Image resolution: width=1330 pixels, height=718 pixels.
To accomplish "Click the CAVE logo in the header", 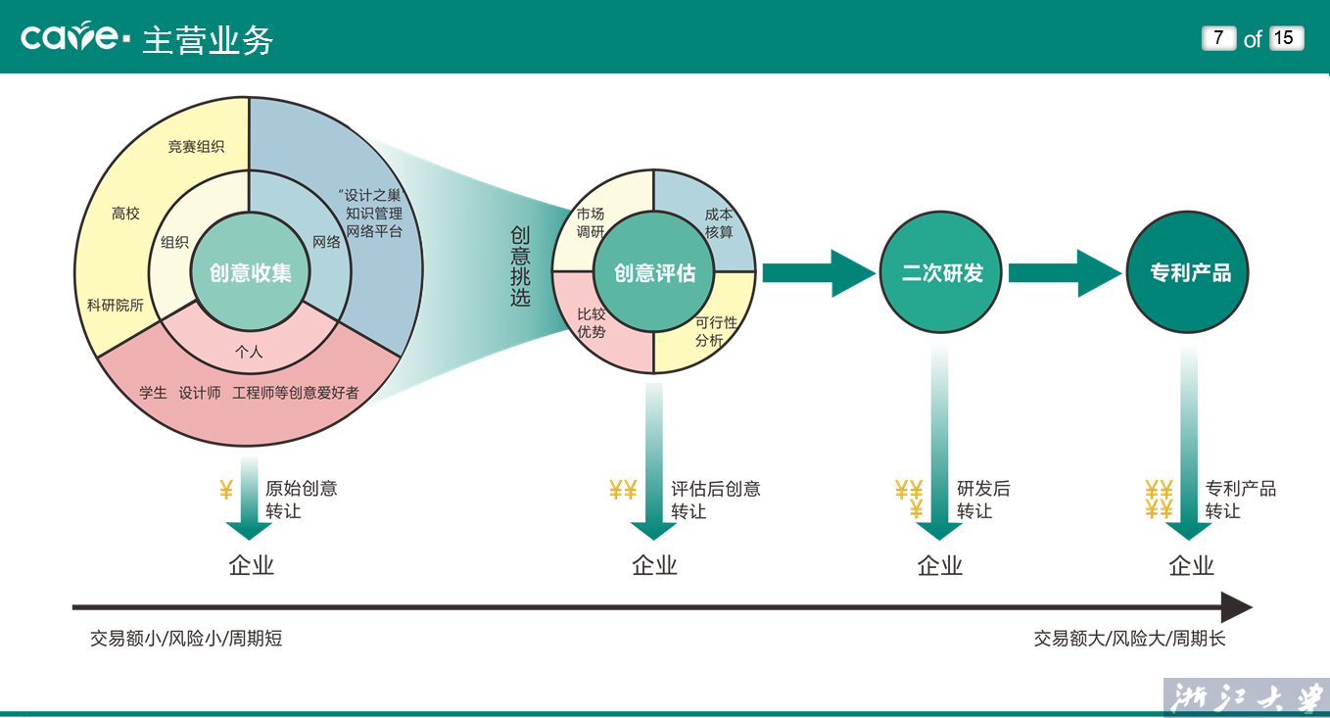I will (74, 37).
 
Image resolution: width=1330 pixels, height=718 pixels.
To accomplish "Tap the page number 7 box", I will (1218, 38).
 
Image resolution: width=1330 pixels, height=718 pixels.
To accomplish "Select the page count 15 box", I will (1285, 38).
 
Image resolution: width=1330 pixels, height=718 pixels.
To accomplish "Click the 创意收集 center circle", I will (250, 272).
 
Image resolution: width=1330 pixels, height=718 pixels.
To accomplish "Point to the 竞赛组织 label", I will (196, 147).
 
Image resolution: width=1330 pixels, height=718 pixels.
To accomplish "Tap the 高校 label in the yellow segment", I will (125, 214).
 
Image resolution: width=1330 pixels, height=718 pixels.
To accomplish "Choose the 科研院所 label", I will (116, 306).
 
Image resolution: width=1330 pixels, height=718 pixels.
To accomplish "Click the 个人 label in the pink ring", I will (250, 352).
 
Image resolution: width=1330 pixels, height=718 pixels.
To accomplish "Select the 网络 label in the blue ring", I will (326, 242).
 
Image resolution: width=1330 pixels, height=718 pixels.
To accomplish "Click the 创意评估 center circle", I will (654, 272).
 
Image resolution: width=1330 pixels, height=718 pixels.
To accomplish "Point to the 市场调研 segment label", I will (591, 222).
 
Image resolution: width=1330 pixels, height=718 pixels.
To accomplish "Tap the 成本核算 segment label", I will (719, 223).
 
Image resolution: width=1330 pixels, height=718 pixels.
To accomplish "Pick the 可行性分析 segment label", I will (716, 331).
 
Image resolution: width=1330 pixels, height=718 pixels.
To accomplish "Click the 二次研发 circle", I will (942, 272).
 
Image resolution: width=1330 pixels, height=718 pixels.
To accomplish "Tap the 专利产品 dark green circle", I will (1190, 272).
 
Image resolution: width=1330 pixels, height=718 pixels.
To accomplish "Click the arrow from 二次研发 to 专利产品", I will (1066, 272).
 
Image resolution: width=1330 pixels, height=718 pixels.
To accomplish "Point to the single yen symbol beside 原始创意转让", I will (226, 490).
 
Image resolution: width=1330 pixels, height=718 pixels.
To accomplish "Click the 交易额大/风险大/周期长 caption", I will (1129, 639).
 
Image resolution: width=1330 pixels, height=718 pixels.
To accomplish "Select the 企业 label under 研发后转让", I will (940, 565).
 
